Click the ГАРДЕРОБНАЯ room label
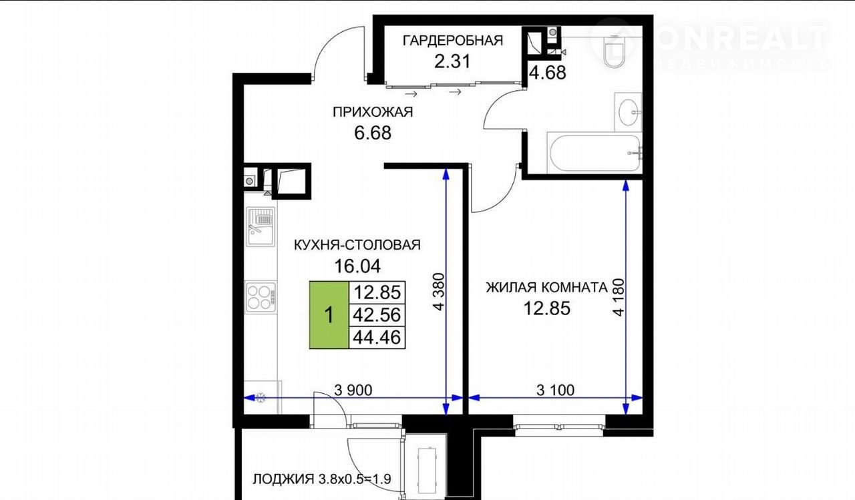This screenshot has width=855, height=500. pos(453,41)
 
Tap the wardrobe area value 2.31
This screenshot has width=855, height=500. pos(452,61)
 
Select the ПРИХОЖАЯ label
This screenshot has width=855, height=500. pos(373,112)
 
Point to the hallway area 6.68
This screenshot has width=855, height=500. pos(373,133)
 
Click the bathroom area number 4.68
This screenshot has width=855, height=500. pos(548,73)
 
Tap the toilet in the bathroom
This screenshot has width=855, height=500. pos(614,51)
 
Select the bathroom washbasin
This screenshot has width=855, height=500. pos(629,112)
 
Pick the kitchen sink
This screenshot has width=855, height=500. pos(261,226)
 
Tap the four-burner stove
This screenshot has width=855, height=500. pos(261,297)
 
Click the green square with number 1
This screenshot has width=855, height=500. pos(329,315)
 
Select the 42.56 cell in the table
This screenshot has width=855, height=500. pos(377,315)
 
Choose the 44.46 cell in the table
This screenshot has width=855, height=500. pos(377,338)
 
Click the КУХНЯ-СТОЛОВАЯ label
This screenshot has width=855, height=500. pos(357,245)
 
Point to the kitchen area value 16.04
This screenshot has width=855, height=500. pos(357,266)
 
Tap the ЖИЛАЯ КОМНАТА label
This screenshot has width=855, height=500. pos(546,288)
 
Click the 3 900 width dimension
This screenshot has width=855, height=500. pos(353,390)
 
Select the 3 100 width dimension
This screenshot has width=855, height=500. pos(555,390)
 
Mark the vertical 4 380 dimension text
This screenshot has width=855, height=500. pos(439,291)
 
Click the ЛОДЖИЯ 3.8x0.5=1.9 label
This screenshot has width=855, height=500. pos(322,479)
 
